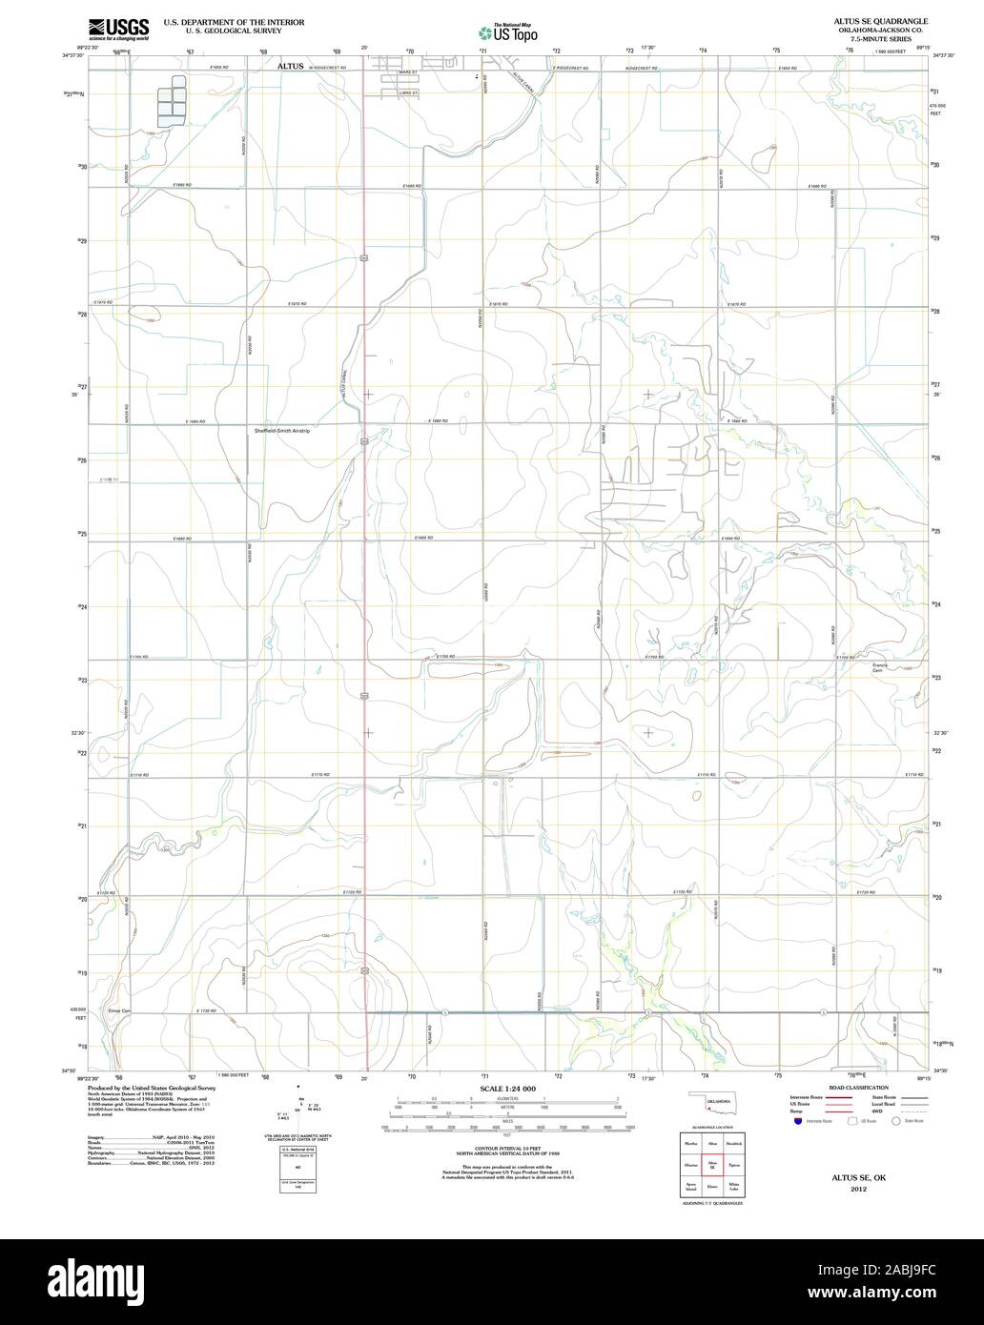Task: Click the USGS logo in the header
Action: click(x=118, y=29)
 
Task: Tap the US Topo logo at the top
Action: click(x=508, y=32)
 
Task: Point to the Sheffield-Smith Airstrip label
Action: click(x=281, y=431)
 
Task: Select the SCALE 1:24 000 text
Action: click(x=507, y=1089)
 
